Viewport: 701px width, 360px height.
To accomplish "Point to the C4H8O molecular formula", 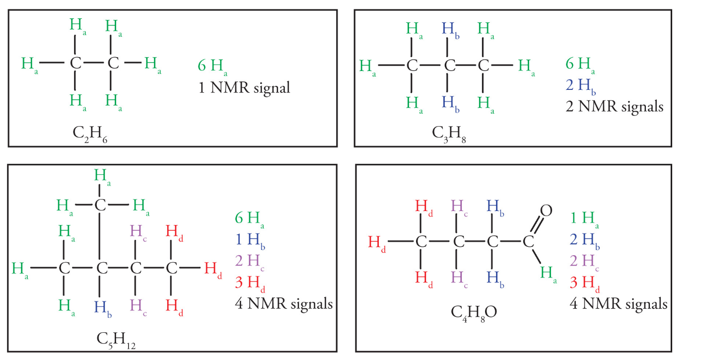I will click(474, 312).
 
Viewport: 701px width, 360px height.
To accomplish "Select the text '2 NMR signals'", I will click(614, 106).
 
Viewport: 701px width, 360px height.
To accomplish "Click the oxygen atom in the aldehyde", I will click(545, 211).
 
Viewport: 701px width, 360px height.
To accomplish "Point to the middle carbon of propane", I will click(449, 65).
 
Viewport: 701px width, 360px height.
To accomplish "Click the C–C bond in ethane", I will click(94, 63).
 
